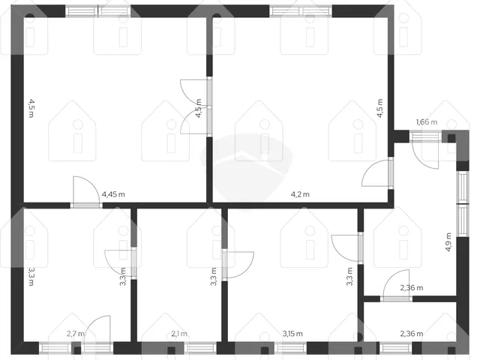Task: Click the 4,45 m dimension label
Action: coord(113,194)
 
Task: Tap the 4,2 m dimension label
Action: coord(300,194)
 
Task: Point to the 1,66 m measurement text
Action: coord(427,121)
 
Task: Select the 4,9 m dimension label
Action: coord(448,241)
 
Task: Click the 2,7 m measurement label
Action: coord(75,334)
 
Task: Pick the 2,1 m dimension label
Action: coord(179,334)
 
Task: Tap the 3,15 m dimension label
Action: coord(292,334)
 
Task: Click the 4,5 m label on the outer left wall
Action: coord(31,108)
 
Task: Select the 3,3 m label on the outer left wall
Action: coord(31,277)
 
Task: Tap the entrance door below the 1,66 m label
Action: coord(425,150)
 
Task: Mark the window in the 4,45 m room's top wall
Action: coord(98,11)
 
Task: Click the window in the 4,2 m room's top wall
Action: coord(301,11)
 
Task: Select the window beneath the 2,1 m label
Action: coord(200,348)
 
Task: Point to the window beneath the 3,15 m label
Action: coord(290,348)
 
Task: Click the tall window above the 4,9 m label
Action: coord(463,203)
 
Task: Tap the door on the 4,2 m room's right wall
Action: coord(377,173)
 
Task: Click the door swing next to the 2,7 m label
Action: coord(97,334)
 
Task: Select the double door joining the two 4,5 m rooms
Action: coord(196,106)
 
